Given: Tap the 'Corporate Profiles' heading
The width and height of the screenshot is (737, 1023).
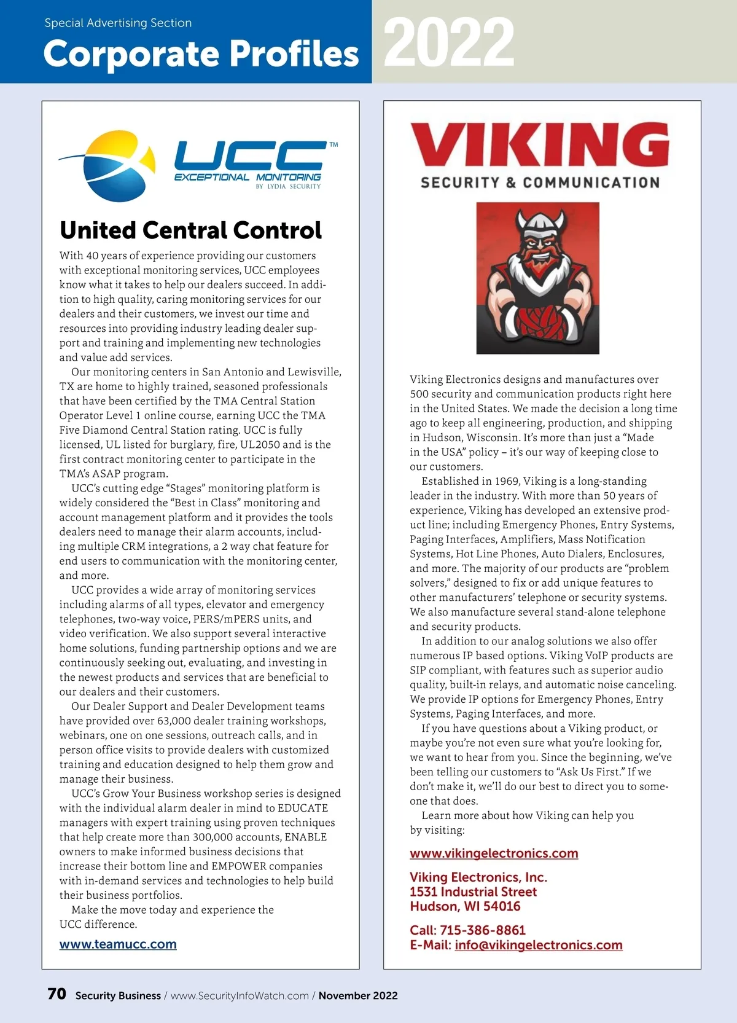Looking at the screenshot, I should pyautogui.click(x=201, y=54).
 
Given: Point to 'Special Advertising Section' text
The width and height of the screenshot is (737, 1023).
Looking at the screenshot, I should pyautogui.click(x=118, y=23).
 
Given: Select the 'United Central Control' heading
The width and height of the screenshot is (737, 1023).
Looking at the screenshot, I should pyautogui.click(x=190, y=230).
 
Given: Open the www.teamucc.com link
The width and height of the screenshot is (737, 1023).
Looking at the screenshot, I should pyautogui.click(x=118, y=944).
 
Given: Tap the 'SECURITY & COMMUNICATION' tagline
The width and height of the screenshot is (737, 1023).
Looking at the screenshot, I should pyautogui.click(x=540, y=182).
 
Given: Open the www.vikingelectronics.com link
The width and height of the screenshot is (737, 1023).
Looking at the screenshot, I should pyautogui.click(x=494, y=853).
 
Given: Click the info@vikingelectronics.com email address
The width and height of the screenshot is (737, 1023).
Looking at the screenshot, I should pyautogui.click(x=538, y=945).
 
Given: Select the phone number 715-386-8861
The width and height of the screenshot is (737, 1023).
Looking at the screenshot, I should pyautogui.click(x=483, y=930).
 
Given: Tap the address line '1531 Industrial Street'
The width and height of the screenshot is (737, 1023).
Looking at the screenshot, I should pyautogui.click(x=473, y=892).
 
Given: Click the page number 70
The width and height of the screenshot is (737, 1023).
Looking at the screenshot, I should pyautogui.click(x=57, y=994).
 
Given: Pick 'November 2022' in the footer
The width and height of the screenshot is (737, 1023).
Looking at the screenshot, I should pyautogui.click(x=358, y=996).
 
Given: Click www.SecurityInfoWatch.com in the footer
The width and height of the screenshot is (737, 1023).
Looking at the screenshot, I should pyautogui.click(x=240, y=996).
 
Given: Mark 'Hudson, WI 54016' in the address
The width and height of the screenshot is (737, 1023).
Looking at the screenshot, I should pyautogui.click(x=465, y=906).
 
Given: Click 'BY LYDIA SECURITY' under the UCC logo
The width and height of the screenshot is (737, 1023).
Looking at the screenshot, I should pyautogui.click(x=288, y=186).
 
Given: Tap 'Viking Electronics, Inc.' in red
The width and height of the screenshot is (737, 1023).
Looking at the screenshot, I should pyautogui.click(x=478, y=877).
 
